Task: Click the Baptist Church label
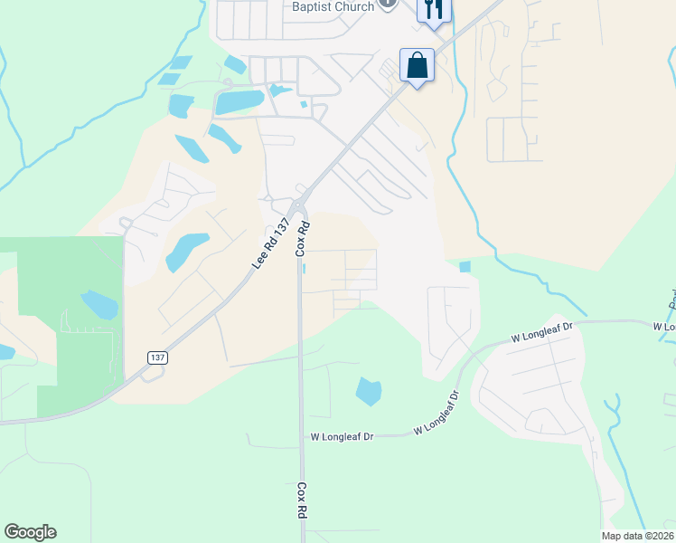click(x=332, y=7)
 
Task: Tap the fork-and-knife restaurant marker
click(x=435, y=9)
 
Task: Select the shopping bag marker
click(x=417, y=65)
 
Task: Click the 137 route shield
click(x=157, y=358)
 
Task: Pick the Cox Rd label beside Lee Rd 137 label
click(x=305, y=238)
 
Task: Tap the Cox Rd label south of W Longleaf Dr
click(x=301, y=500)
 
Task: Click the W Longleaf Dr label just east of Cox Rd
click(x=343, y=436)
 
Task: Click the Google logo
click(x=30, y=532)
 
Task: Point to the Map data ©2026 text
click(x=637, y=536)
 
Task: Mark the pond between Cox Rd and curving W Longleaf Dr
click(x=369, y=391)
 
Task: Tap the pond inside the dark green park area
click(x=99, y=304)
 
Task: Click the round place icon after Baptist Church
click(x=388, y=4)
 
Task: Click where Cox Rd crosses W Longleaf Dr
click(x=301, y=436)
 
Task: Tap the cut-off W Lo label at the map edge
click(x=664, y=326)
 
